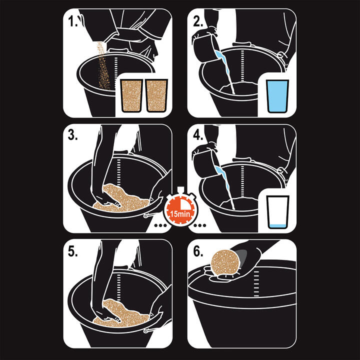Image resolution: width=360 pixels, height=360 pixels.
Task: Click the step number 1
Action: [73, 21]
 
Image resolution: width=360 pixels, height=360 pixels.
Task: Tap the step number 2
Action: [198, 21]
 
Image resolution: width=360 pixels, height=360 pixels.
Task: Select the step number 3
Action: [73, 135]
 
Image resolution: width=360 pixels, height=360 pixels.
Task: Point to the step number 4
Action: [198, 135]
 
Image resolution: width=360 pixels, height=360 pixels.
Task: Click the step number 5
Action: [73, 251]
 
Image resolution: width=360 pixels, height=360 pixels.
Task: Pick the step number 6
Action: [198, 251]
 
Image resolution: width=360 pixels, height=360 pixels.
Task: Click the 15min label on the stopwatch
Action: [180, 214]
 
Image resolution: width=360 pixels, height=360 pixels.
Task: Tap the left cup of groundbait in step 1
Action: [132, 95]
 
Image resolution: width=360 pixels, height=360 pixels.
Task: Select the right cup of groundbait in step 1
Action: [157, 95]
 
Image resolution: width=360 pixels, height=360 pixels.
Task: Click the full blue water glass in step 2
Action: [277, 96]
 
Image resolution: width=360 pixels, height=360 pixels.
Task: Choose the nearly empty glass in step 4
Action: [277, 212]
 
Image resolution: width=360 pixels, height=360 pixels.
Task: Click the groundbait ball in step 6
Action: [225, 262]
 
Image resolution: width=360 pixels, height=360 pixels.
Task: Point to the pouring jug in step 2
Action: [205, 48]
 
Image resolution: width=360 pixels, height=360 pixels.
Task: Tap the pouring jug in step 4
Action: [205, 163]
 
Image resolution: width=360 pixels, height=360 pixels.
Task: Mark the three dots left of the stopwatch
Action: [160, 225]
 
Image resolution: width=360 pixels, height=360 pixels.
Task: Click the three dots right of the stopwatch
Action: [199, 225]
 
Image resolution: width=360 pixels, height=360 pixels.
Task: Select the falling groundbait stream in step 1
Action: [103, 66]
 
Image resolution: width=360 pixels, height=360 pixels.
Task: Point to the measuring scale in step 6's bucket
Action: [256, 283]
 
